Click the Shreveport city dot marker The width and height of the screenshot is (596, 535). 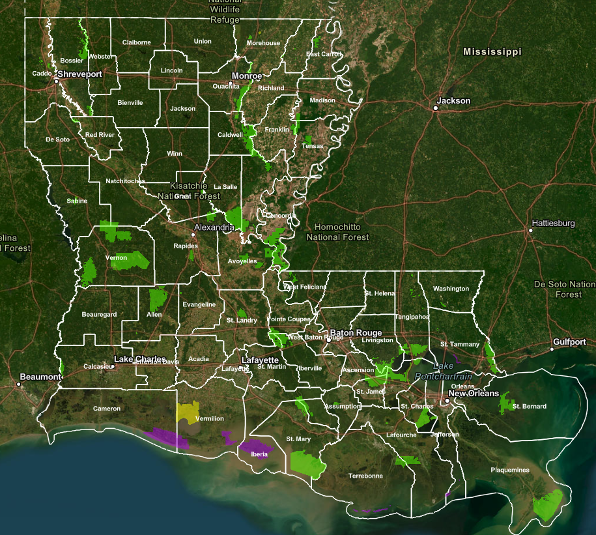[57, 81]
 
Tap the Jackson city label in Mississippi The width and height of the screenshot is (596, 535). [453, 101]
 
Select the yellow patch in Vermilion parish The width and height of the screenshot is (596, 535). [187, 412]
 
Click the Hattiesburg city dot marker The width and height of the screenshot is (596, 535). [531, 230]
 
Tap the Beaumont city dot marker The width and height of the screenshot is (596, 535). [19, 384]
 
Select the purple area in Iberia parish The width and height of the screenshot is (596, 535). [253, 449]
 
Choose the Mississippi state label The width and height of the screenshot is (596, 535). [492, 51]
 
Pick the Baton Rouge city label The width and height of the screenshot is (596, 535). [356, 332]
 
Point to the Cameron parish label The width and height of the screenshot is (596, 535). [107, 409]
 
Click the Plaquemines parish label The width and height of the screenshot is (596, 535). [510, 470]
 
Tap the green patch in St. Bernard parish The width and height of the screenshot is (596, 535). [506, 405]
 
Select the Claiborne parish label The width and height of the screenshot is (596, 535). [137, 42]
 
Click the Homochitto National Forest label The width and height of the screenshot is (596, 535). [338, 232]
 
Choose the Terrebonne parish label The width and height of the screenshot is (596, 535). [365, 476]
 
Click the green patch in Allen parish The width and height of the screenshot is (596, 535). [157, 299]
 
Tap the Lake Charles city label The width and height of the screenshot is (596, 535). [140, 359]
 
